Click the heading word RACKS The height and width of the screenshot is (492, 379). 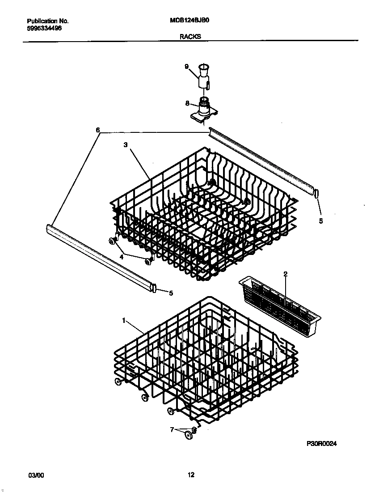coord(190,37)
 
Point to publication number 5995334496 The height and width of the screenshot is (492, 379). coord(44,28)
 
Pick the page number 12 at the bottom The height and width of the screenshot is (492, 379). coord(191,475)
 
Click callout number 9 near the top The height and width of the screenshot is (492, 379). coord(187,67)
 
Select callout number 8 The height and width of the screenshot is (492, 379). coord(187,103)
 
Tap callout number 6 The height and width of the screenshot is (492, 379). coord(97,130)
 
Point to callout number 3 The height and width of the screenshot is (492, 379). coord(126,145)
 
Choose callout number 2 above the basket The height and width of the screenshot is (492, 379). coord(285,273)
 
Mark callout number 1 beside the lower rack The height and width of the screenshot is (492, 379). coord(123,320)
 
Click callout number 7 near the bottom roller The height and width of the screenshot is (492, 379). coord(172,430)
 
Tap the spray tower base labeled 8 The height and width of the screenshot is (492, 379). coord(204,110)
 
